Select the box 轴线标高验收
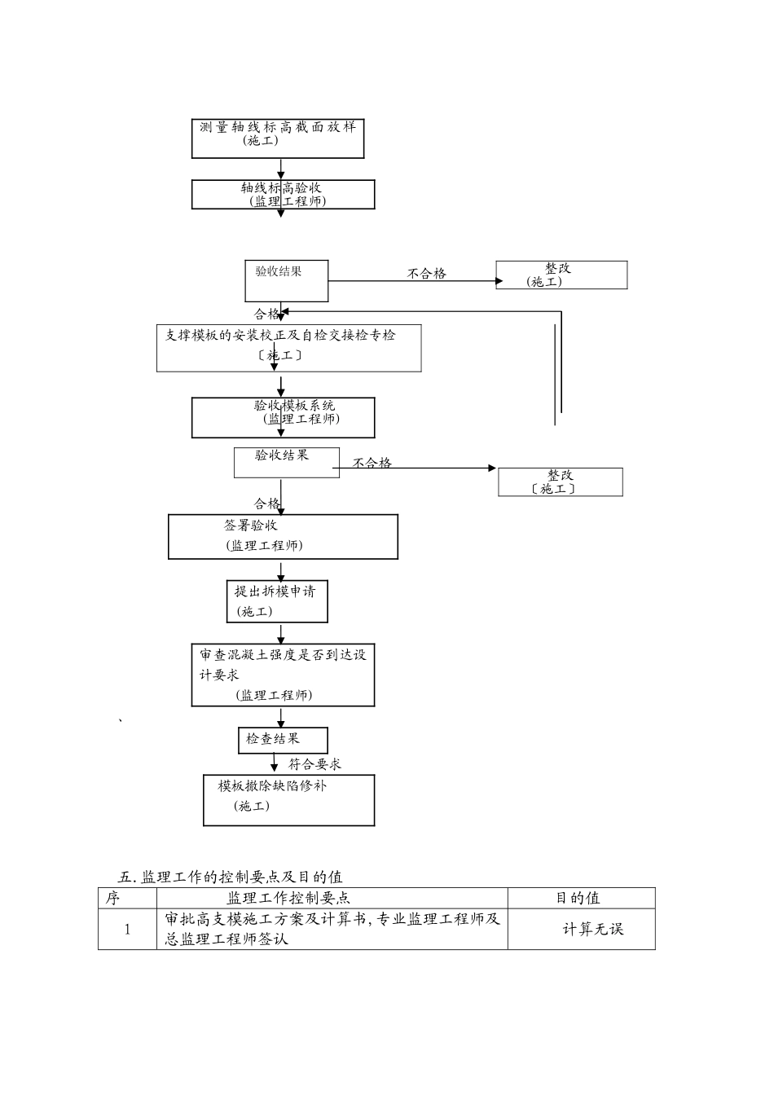[x=283, y=195]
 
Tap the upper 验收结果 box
[x=286, y=281]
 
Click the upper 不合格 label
[x=427, y=274]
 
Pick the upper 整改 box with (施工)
[x=561, y=275]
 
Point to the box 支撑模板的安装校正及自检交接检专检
[x=288, y=348]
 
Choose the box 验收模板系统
[x=283, y=417]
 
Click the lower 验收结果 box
[x=286, y=462]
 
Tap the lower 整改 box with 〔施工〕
[x=560, y=482]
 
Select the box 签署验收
[x=283, y=536]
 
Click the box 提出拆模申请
[x=276, y=601]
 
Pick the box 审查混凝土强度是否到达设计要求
[x=283, y=675]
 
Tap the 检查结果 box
[x=282, y=740]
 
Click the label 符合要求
[x=314, y=764]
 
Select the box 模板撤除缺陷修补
[x=288, y=800]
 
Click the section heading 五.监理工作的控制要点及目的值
[x=231, y=877]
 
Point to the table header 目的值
[x=579, y=898]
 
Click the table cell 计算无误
[x=592, y=929]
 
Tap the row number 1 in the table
[x=127, y=929]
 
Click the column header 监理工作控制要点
[x=289, y=898]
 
